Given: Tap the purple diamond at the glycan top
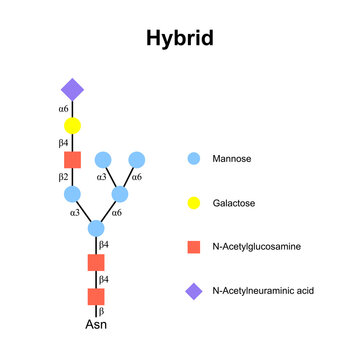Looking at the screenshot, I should pyautogui.click(x=72, y=89).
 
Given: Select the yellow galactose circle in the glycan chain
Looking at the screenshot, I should pyautogui.click(x=72, y=126).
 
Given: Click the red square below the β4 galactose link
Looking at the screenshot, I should pyautogui.click(x=72, y=160).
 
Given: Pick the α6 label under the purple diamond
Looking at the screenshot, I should pyautogui.click(x=62, y=108).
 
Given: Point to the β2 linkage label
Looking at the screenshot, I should pyautogui.click(x=62, y=177).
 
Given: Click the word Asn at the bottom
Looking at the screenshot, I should pyautogui.click(x=96, y=326).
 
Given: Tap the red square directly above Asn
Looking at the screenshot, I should pyautogui.click(x=96, y=297).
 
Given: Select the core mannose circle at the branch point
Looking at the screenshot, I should pyautogui.click(x=96, y=229).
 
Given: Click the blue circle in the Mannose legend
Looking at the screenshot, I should pyautogui.click(x=195, y=158).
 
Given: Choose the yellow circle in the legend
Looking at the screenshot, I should pyautogui.click(x=195, y=202).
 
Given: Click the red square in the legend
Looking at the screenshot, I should pyautogui.click(x=195, y=246).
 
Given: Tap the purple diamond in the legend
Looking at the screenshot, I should pyautogui.click(x=195, y=291).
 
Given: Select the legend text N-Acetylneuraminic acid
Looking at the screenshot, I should pyautogui.click(x=263, y=291).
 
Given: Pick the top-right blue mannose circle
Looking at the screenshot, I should pyautogui.click(x=137, y=159).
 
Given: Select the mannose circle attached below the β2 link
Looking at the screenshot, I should pyautogui.click(x=72, y=194).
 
